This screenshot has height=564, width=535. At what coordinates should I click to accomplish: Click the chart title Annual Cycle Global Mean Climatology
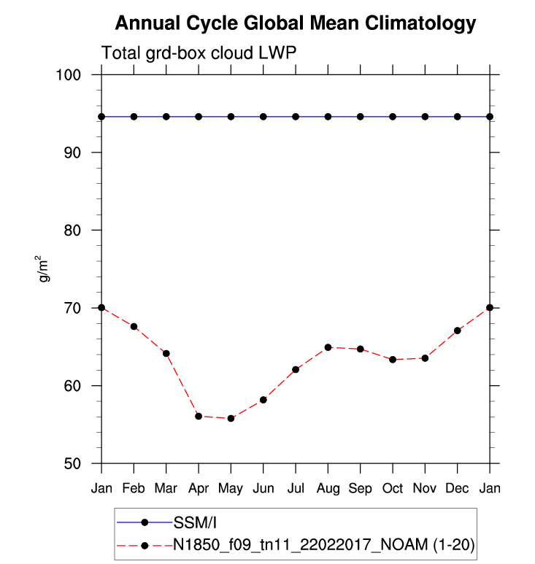tap(296, 23)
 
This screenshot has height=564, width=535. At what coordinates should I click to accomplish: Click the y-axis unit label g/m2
tap(45, 269)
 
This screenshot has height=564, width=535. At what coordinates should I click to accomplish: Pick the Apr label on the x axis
tap(199, 487)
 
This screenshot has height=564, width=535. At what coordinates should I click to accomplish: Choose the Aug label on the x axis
tap(328, 487)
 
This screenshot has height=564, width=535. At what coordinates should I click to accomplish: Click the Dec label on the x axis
tap(458, 487)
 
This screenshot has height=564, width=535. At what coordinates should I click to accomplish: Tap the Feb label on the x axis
tap(134, 487)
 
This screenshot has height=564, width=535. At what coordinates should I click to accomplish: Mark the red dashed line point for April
tap(199, 416)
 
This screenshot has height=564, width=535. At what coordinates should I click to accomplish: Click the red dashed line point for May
tap(231, 418)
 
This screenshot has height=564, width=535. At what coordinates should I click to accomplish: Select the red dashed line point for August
tap(328, 347)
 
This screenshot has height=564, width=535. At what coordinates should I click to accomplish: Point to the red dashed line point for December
tap(458, 331)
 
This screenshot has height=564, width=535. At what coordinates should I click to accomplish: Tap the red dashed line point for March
tap(166, 353)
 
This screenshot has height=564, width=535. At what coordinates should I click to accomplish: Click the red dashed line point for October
tap(393, 360)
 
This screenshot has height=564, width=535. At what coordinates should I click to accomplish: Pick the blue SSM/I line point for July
tap(296, 117)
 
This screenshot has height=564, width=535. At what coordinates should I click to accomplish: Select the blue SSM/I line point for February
tap(134, 117)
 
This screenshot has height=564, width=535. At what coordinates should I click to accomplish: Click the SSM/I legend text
tap(193, 522)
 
